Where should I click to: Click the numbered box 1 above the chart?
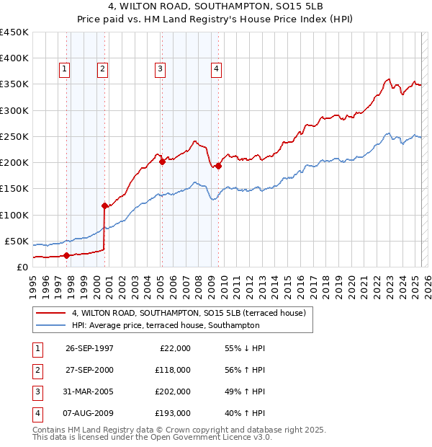[64, 69]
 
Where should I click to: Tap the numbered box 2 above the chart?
[102, 69]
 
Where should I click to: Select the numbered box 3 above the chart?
[159, 69]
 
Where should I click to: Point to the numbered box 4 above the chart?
[215, 69]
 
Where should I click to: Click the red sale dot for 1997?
[66, 255]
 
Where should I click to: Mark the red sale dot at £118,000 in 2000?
[105, 205]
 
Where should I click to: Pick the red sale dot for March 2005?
[162, 161]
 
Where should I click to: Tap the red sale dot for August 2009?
[218, 166]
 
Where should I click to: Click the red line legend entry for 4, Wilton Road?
[189, 313]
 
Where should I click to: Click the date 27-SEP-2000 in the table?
[89, 370]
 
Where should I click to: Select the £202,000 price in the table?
[172, 391]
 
